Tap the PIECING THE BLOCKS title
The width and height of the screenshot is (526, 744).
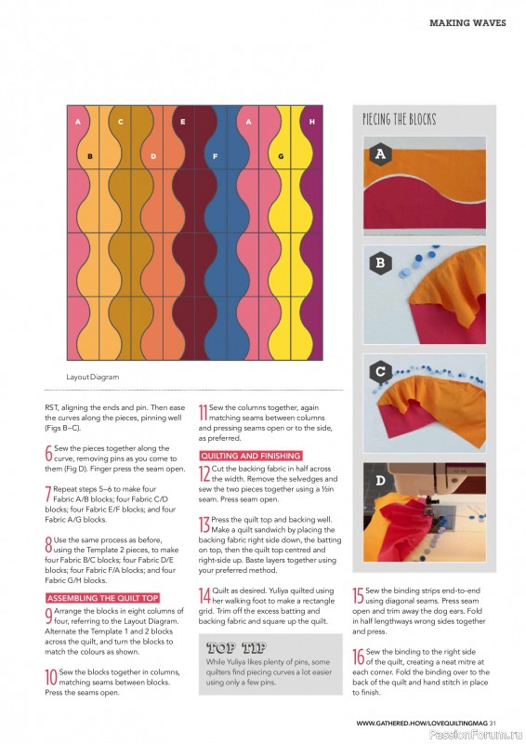399,119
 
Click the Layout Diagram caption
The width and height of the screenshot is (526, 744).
93,377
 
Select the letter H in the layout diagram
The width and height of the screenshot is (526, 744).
311,122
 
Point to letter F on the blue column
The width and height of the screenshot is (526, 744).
215,156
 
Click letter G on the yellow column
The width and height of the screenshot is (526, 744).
281,156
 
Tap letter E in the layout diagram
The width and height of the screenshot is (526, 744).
183,122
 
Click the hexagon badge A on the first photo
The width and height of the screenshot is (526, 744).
379,154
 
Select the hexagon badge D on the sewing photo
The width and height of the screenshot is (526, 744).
379,482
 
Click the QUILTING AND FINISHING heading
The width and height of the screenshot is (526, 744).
251,456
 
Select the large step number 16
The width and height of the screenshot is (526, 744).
359,656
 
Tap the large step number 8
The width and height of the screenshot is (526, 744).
48,544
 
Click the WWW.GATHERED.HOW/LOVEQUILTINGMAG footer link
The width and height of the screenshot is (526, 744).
422,723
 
